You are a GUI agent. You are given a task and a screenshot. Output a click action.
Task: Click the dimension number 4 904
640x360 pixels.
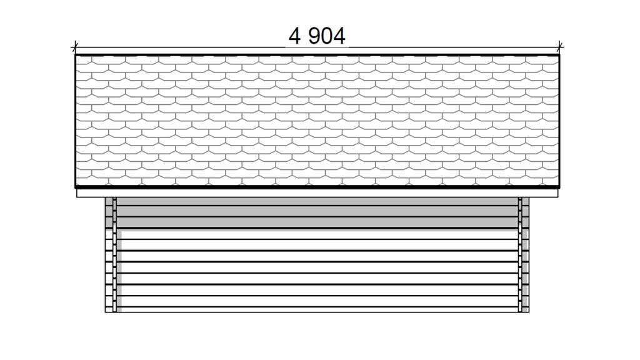click(x=317, y=36)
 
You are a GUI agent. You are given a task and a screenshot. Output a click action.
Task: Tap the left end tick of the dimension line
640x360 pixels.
click(x=75, y=47)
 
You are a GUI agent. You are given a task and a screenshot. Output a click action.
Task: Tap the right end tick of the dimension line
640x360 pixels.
click(x=560, y=47)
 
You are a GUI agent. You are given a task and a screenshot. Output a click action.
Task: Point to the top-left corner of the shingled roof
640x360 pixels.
click(x=76, y=55)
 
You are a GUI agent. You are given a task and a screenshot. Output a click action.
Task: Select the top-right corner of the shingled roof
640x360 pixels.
click(x=559, y=55)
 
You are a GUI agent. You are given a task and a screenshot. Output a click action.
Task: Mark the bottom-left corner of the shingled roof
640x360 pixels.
click(x=76, y=187)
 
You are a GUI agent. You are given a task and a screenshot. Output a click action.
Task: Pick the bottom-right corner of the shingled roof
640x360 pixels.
click(x=559, y=187)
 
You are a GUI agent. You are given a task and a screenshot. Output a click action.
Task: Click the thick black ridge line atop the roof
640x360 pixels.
click(x=317, y=55)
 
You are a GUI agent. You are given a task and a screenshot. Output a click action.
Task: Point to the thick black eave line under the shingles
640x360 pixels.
click(x=317, y=187)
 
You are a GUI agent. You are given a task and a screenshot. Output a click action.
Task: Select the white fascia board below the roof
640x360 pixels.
click(x=317, y=193)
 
